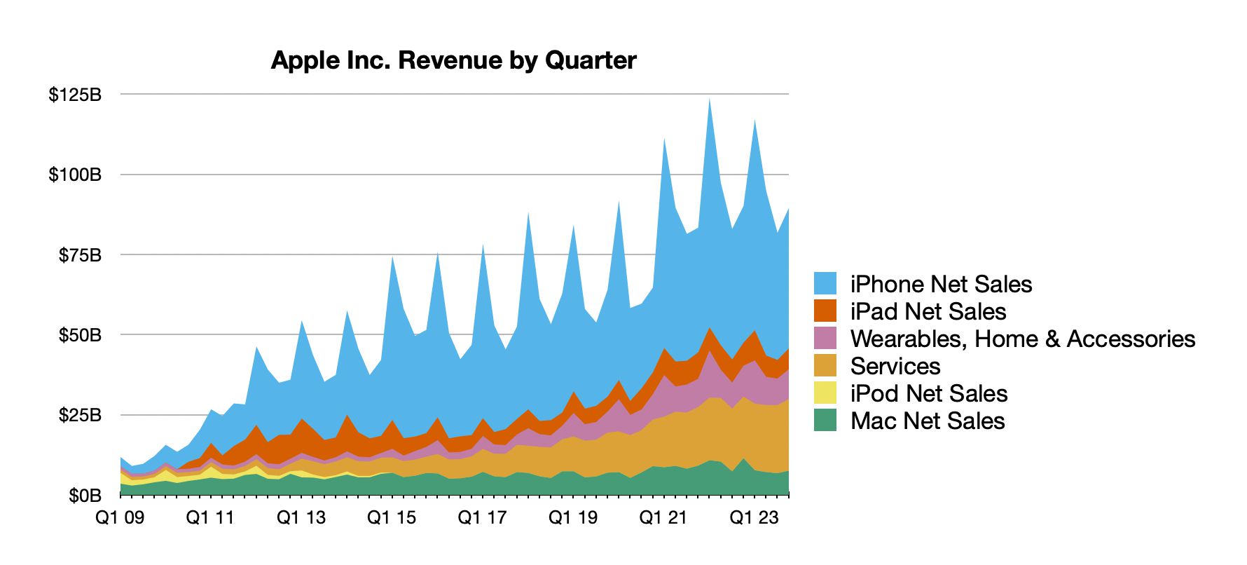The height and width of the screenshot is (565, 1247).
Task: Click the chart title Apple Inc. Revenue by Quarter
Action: pos(453,60)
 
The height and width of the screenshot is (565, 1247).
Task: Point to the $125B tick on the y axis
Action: pos(75,94)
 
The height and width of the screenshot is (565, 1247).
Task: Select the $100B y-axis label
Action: pos(75,175)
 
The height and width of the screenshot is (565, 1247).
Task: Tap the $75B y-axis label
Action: pos(80,255)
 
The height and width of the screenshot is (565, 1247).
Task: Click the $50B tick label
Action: pos(80,335)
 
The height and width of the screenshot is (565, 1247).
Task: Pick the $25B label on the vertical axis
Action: pos(80,416)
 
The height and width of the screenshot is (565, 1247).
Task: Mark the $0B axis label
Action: pos(85,496)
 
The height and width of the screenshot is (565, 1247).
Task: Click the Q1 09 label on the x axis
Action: pos(120,518)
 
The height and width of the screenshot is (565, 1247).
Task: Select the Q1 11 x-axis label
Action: pos(210,518)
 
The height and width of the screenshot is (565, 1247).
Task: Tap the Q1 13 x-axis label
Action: pos(301,518)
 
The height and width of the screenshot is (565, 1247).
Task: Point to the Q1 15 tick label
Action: pos(392,518)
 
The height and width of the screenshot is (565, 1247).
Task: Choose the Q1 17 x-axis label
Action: pos(482,518)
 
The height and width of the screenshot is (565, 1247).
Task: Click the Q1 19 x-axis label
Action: pos(573,518)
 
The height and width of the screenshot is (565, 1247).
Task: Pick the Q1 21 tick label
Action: pos(663,518)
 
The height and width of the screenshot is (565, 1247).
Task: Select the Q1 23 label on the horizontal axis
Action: pos(755,518)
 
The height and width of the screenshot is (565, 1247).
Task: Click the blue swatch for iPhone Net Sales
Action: pos(825,284)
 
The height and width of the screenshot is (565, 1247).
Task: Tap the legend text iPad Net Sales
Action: pos(928,311)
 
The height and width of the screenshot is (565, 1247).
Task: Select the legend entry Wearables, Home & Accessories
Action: pos(1022,339)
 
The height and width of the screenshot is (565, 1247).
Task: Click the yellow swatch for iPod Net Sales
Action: pos(825,393)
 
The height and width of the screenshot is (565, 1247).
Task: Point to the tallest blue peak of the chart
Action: pos(710,100)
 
